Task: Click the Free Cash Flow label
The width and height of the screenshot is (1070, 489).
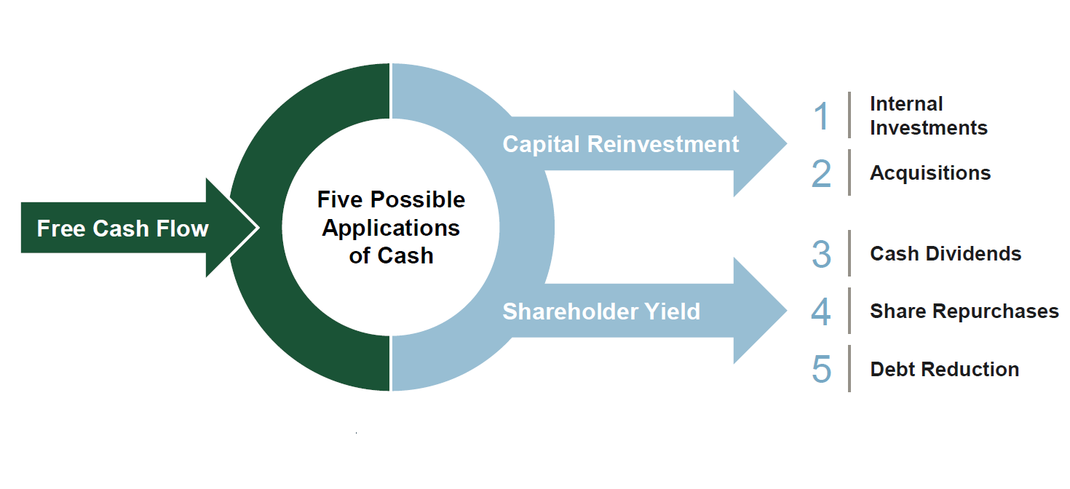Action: [x=123, y=228]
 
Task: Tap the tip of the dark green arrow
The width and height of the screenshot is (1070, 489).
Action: [x=259, y=227]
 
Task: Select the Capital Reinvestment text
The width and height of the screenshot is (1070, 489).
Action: [x=620, y=144]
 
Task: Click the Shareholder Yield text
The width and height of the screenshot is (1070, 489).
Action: [x=601, y=311]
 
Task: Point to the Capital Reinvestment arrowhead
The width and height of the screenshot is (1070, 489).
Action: [x=759, y=143]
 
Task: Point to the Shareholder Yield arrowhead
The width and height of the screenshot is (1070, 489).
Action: [x=759, y=311]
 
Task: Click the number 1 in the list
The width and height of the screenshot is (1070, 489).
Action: [x=822, y=116]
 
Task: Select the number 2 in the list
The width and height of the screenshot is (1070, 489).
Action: [x=822, y=173]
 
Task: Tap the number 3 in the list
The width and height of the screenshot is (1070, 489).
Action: [x=822, y=254]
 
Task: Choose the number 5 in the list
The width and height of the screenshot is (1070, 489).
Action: [x=822, y=369]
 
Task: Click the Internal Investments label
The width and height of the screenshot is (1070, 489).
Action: [x=929, y=116]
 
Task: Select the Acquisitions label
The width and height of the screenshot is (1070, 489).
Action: [x=930, y=173]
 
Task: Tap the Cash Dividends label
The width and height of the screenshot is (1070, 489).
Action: [x=946, y=253]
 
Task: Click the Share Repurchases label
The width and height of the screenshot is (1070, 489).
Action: [x=964, y=311]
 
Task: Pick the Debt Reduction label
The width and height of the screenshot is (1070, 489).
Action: [x=945, y=369]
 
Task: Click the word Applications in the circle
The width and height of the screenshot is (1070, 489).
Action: [x=391, y=228]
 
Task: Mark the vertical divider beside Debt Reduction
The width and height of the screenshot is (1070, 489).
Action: [x=849, y=369]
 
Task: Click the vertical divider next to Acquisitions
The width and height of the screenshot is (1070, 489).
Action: [x=849, y=172]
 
